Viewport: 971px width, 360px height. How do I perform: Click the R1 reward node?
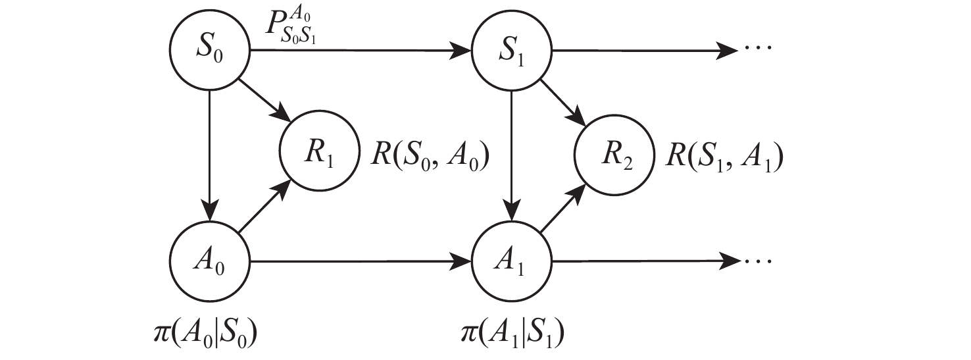pyautogui.click(x=320, y=158)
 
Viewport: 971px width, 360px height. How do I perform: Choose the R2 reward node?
pyautogui.click(x=614, y=158)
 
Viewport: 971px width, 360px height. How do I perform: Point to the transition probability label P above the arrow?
pyautogui.click(x=287, y=26)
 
